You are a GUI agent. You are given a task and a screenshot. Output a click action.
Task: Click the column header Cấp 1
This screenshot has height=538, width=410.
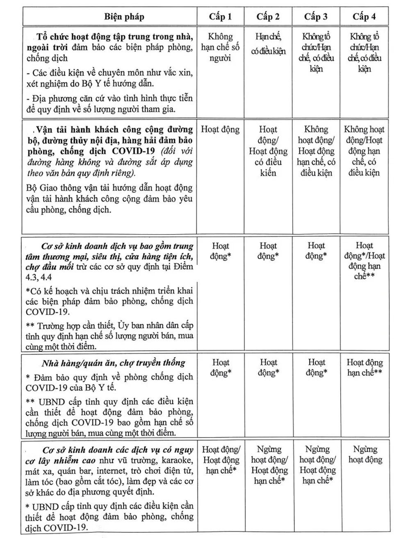tap(220, 17)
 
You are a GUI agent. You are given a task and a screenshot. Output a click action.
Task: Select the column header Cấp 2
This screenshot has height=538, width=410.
tap(268, 17)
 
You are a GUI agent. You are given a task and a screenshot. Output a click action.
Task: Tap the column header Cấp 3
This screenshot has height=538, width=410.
tap(316, 17)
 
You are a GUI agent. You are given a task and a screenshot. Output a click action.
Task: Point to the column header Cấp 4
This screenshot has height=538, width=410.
tap(364, 17)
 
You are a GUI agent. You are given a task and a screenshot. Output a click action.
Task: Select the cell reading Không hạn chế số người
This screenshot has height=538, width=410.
tap(220, 47)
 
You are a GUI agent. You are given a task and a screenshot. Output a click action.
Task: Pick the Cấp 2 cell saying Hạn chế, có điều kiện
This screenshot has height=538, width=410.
tap(268, 44)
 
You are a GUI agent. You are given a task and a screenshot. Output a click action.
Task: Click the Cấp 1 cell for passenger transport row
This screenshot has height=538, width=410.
tap(220, 130)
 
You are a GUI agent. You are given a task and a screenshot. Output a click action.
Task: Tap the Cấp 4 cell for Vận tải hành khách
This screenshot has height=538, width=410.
tap(364, 151)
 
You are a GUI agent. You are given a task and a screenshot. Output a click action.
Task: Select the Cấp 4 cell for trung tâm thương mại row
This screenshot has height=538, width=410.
tap(364, 261)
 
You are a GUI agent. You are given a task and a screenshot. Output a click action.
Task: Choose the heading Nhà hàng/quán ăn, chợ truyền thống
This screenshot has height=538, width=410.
tap(113, 363)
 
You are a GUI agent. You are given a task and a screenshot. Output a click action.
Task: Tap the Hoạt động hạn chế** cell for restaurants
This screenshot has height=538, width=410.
tap(364, 368)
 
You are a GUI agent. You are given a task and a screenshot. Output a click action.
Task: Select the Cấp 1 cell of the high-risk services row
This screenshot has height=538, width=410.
tap(221, 460)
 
